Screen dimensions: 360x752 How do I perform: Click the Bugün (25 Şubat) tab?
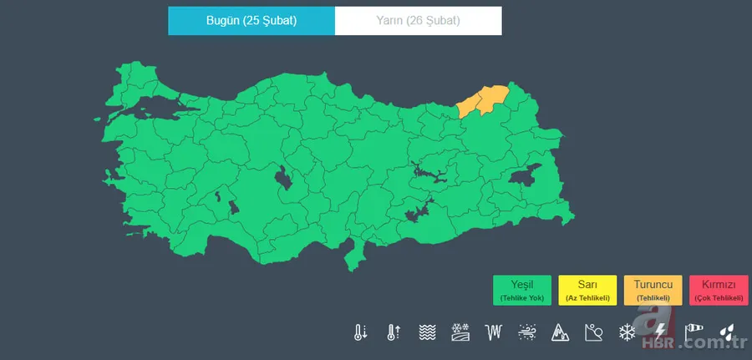click(252, 21)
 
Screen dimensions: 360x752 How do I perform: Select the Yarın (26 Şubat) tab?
click(418, 21)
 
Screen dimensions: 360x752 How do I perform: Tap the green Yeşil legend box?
click(522, 290)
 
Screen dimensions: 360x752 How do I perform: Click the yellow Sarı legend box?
click(587, 290)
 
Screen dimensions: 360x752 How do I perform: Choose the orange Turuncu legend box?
click(653, 290)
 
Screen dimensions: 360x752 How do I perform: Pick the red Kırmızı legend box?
click(719, 290)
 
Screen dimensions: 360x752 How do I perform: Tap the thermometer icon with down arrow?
click(360, 332)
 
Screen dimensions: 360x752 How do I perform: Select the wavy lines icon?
click(427, 332)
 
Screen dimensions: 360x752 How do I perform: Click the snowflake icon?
click(626, 332)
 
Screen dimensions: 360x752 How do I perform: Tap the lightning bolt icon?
click(661, 332)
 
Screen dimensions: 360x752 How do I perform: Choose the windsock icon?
click(694, 332)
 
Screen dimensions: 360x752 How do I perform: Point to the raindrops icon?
click(728, 332)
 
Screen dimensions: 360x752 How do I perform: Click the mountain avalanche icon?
click(559, 332)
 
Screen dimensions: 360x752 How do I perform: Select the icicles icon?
click(494, 332)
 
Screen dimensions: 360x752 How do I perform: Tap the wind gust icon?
click(526, 332)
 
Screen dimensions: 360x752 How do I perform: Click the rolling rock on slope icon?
click(593, 332)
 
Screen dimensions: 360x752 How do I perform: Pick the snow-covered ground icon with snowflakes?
click(460, 332)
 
